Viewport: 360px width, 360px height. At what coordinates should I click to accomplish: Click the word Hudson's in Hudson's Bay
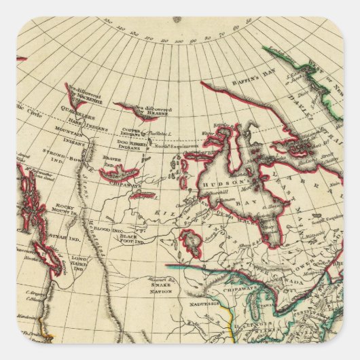pyautogui.click(x=219, y=183)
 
